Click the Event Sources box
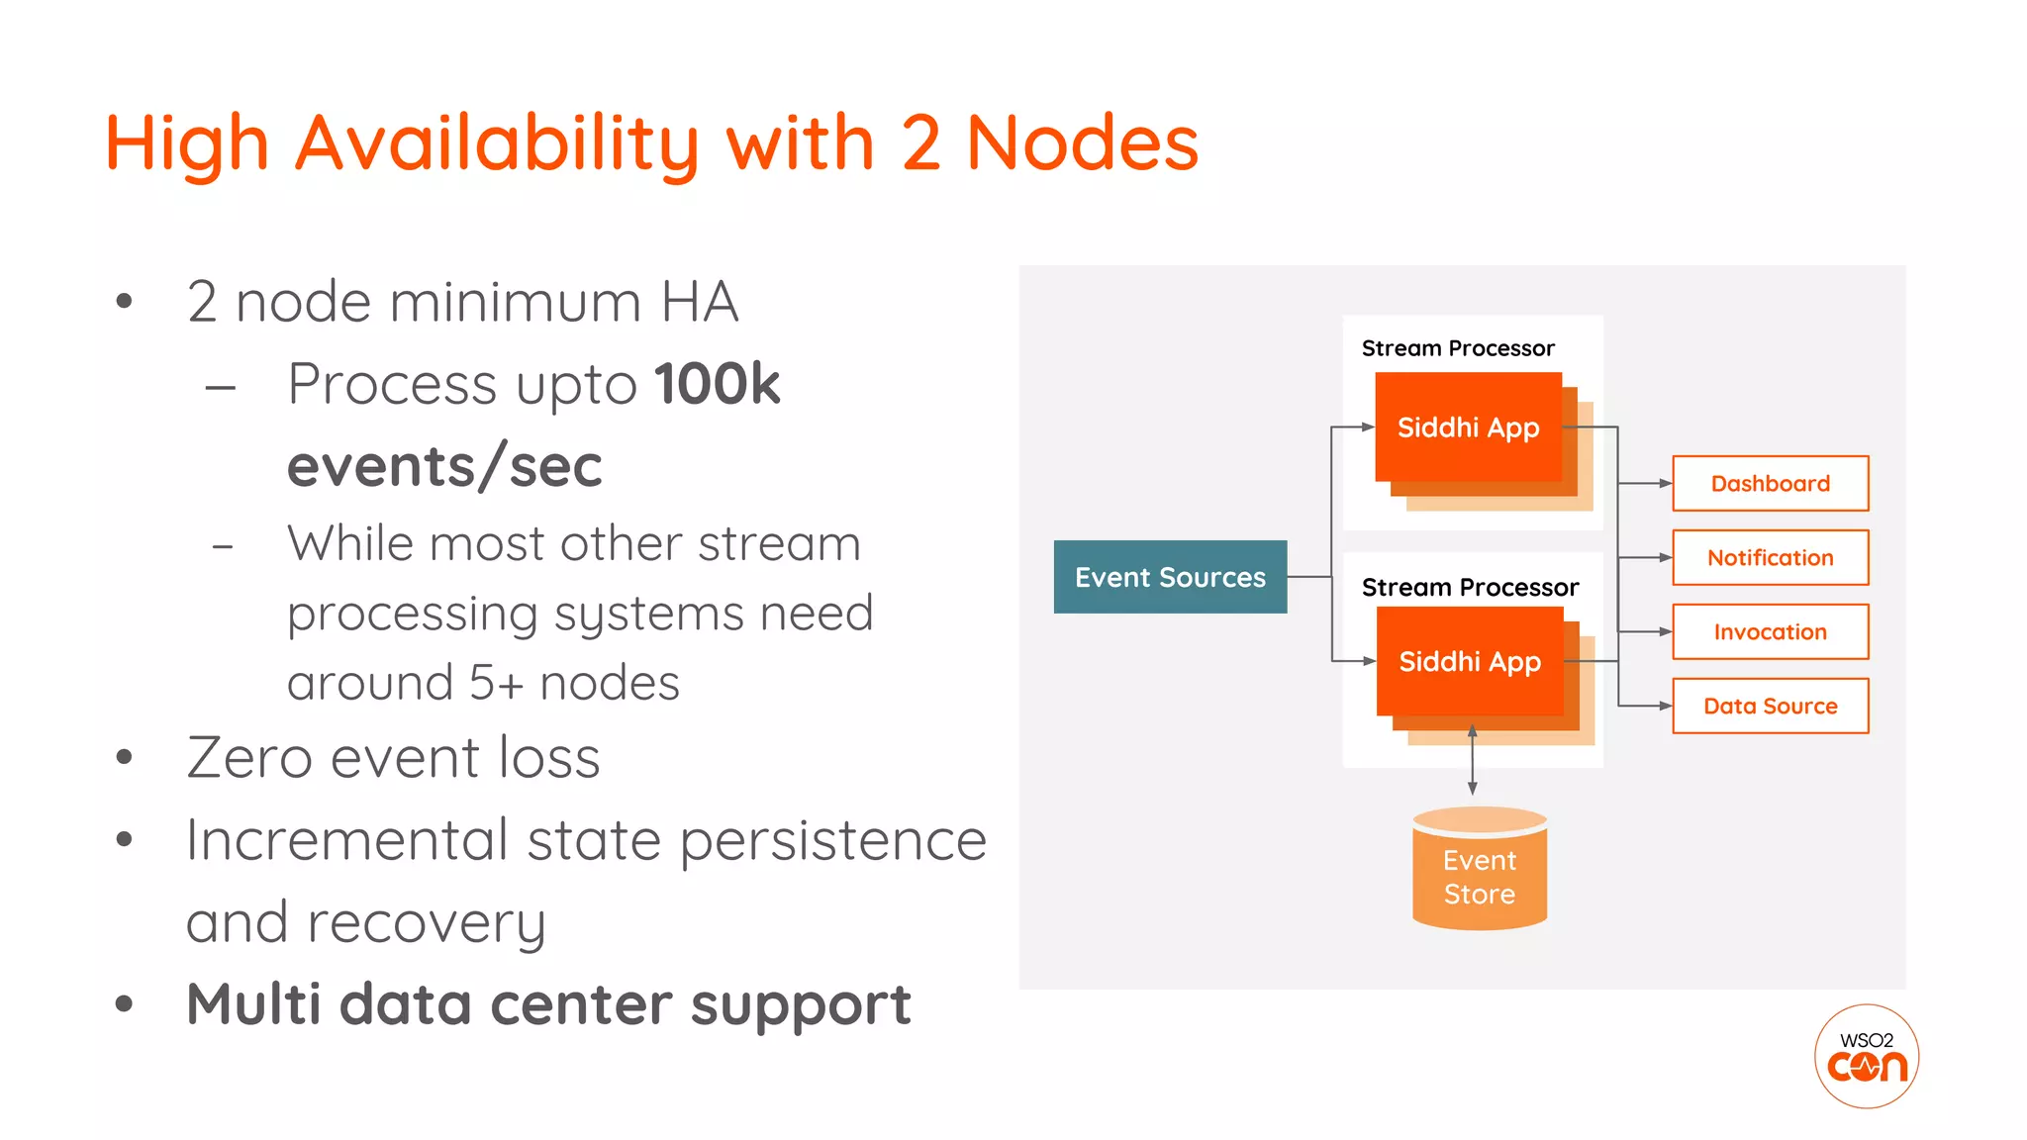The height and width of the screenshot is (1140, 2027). coord(1170,577)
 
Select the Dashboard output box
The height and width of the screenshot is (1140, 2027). coord(1770,484)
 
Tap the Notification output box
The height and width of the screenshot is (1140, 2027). coord(1770,558)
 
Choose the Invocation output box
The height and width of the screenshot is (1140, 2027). coord(1770,632)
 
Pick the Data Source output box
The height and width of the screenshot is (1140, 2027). coord(1770,707)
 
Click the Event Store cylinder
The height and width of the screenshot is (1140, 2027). coord(1479,871)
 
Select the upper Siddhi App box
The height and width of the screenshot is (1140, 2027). coord(1468,427)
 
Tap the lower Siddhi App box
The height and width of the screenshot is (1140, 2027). coord(1470,661)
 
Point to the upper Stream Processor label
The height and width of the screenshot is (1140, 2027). coord(1458,348)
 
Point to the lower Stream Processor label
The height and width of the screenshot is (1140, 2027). coord(1470,588)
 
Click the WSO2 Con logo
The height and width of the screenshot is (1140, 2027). coord(1867,1056)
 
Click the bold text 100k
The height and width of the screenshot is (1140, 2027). coord(717,384)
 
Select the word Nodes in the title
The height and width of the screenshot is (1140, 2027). coord(1082,143)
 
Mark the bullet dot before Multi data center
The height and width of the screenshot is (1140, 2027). coord(124,1004)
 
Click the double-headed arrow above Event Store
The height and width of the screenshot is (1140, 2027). coord(1473,759)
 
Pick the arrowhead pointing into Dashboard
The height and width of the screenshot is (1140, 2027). coord(1665,484)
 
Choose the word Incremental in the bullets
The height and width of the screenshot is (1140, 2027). coord(346,840)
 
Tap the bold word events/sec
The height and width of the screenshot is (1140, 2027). coord(444,466)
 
